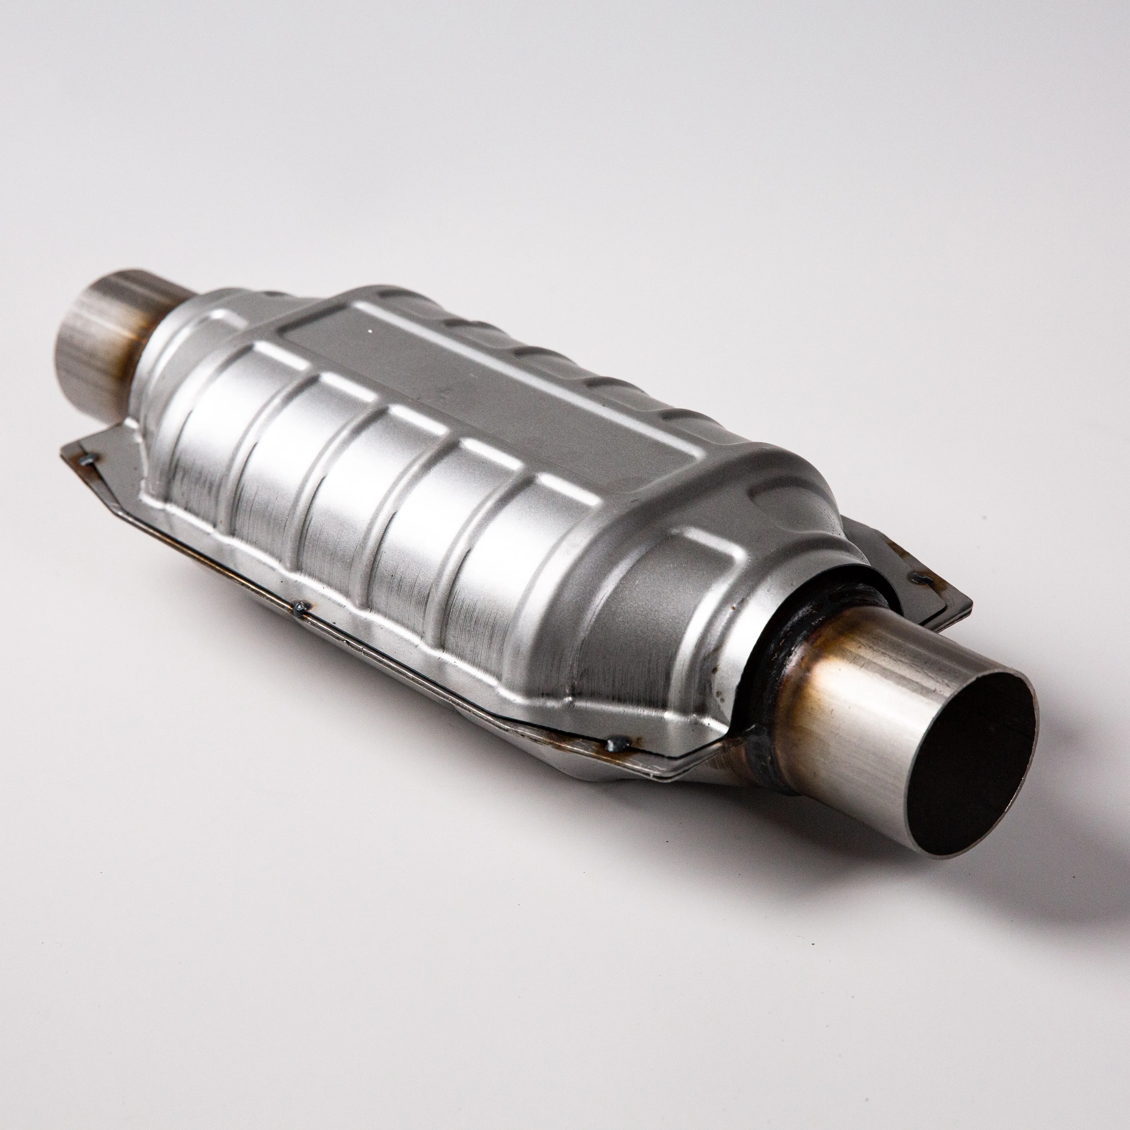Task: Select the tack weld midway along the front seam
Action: point(301,608)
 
